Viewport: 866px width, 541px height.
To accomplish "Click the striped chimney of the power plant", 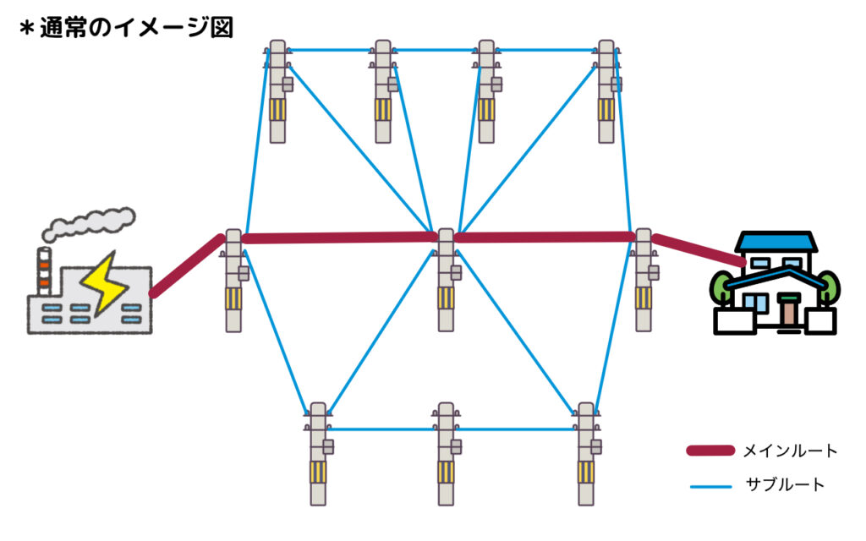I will point(43,269).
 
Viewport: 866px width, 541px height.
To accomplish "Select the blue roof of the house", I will point(776,243).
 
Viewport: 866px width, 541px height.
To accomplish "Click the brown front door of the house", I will point(788,311).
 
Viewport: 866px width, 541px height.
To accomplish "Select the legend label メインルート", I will point(790,451).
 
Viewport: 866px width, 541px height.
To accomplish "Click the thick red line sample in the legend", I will point(710,451).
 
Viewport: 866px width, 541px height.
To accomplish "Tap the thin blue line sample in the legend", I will point(710,486).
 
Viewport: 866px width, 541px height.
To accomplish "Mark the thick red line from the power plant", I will point(188,265).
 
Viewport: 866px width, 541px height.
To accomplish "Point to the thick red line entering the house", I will point(699,250).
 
